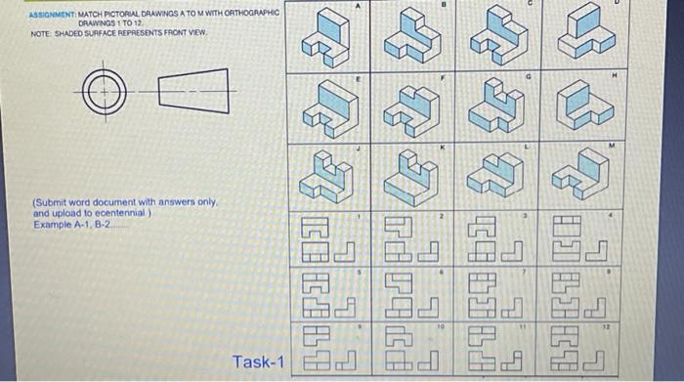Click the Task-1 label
[x=258, y=363]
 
